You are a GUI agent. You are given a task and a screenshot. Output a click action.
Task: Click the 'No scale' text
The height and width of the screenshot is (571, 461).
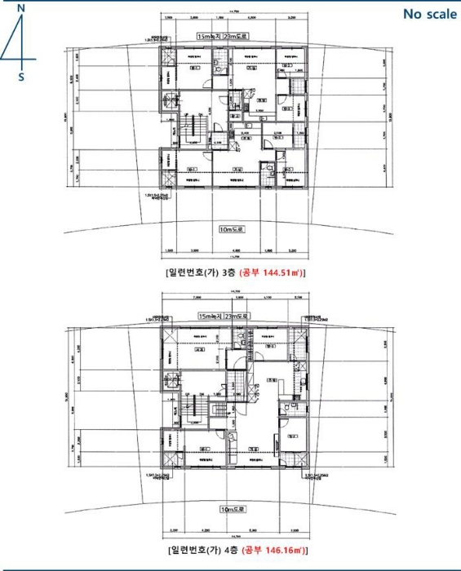(430, 14)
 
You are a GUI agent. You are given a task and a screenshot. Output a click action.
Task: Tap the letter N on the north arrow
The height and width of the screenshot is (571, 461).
(21, 7)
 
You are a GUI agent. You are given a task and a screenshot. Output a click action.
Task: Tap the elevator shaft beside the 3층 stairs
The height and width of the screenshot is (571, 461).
(171, 101)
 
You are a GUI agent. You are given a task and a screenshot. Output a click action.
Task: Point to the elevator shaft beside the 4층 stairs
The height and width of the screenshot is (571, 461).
(171, 380)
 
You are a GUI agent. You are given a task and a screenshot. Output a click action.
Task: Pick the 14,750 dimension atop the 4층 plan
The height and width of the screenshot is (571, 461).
(235, 290)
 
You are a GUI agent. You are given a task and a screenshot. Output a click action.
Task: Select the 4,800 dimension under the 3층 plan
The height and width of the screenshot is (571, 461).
(235, 251)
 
